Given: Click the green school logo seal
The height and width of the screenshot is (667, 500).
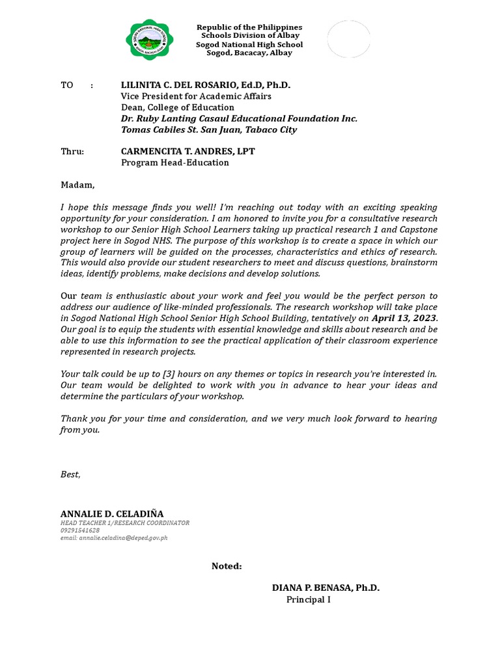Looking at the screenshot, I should click(x=150, y=39).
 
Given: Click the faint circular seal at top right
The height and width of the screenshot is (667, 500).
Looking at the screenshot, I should click(x=348, y=39).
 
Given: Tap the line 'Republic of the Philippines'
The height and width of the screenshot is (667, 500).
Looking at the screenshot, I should click(x=250, y=27).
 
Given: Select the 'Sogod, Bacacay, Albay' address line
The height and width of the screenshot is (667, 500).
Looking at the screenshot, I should click(x=250, y=53).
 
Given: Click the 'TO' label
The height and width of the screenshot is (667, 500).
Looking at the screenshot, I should click(x=67, y=85).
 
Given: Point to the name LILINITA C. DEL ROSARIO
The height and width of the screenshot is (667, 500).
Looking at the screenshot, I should click(x=206, y=85).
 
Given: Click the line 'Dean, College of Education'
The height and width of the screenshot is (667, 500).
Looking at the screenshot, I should click(x=178, y=107).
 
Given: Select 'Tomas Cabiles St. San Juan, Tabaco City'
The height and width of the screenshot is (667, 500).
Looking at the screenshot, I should click(x=209, y=130).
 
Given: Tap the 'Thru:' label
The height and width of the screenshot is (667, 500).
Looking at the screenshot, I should click(x=72, y=151).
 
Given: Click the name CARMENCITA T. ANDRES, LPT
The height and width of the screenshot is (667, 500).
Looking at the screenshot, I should click(x=188, y=151).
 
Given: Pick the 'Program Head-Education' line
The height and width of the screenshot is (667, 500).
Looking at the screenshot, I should click(x=175, y=162).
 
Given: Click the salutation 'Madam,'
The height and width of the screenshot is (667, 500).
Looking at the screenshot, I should click(x=77, y=185).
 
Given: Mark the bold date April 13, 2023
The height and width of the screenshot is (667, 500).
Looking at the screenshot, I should click(x=404, y=318).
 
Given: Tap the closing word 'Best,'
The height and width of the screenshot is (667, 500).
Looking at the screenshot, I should click(x=70, y=474).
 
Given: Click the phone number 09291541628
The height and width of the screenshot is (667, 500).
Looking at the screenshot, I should click(x=80, y=530).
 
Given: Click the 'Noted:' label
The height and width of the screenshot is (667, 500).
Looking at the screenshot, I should click(x=227, y=566).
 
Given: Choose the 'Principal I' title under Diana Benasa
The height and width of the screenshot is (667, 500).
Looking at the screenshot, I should click(x=309, y=599).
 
